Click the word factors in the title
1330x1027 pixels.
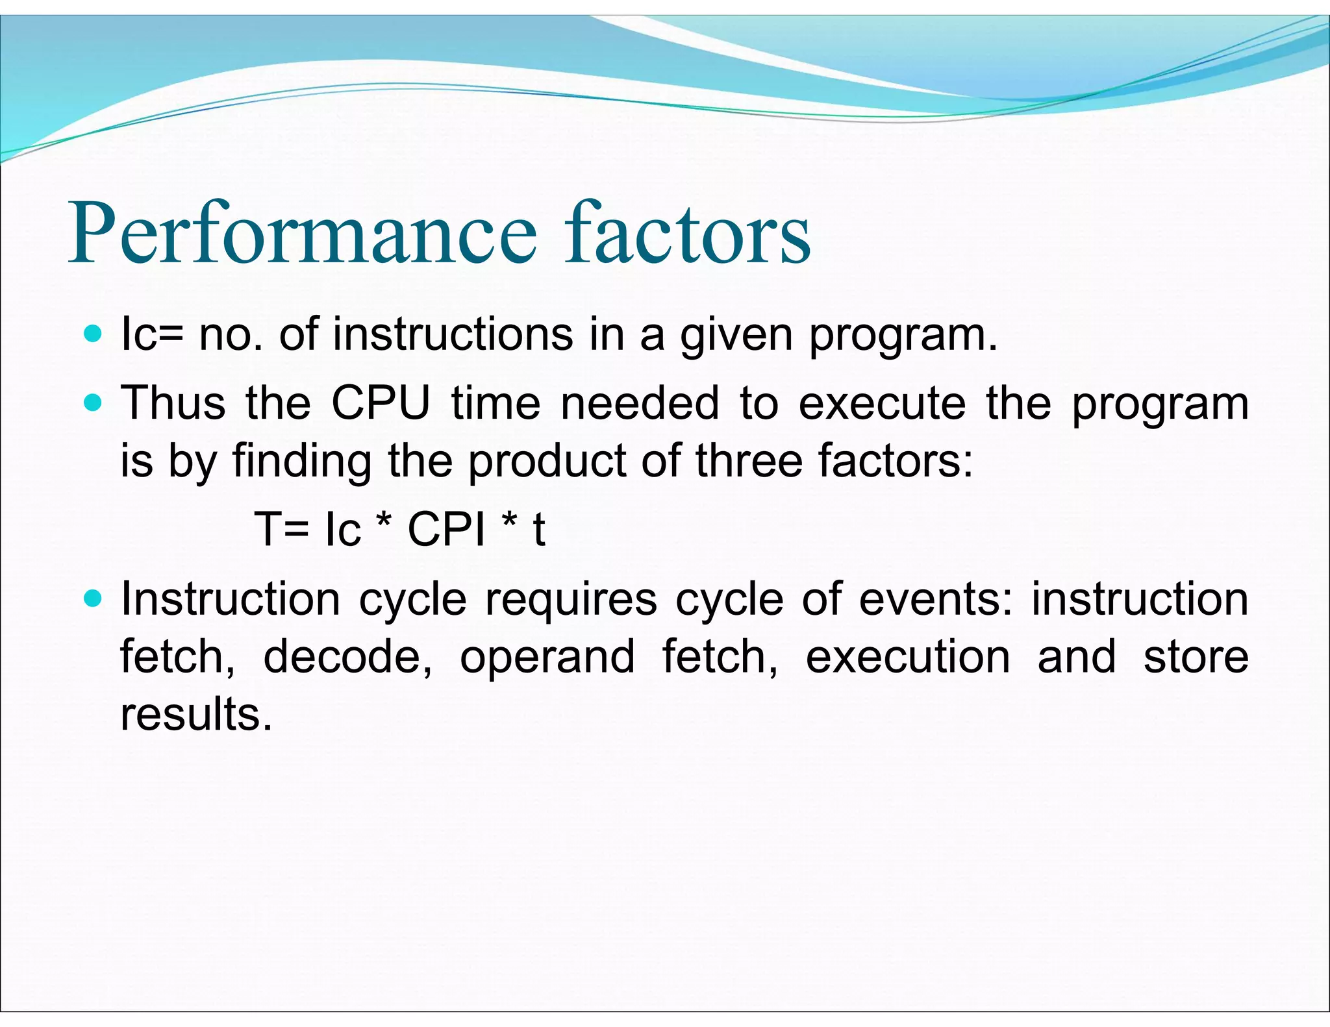[x=687, y=234]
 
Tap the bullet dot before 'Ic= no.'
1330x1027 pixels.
[x=94, y=334]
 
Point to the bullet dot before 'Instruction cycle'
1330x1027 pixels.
[x=94, y=599]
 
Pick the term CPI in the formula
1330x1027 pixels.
[x=447, y=529]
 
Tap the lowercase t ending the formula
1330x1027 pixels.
[x=538, y=529]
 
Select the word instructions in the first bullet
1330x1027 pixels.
[x=453, y=334]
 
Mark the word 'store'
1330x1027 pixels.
[x=1196, y=656]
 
